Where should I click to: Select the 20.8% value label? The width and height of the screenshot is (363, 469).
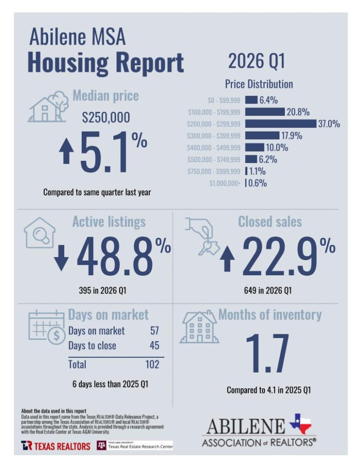[298, 112]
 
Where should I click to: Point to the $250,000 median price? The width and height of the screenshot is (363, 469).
[106, 117]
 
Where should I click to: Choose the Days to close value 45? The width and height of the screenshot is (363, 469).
[154, 345]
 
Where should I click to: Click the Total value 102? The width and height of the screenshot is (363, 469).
[151, 365]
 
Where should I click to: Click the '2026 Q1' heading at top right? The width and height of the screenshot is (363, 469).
[257, 62]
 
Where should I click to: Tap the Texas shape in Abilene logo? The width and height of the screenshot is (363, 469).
[300, 424]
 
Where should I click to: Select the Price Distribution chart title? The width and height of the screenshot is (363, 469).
[259, 84]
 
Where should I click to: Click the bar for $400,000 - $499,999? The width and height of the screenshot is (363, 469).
[255, 148]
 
